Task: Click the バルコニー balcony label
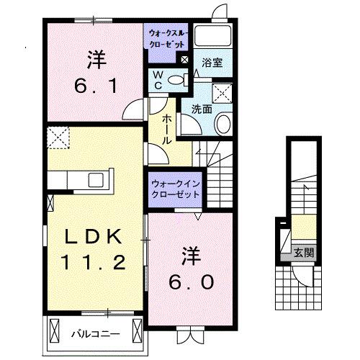pyautogui.click(x=90, y=333)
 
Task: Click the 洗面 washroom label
pyautogui.click(x=202, y=109)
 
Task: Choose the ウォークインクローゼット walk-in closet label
pyautogui.click(x=176, y=189)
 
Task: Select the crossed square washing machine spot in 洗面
pyautogui.click(x=222, y=92)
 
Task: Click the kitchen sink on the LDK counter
pyautogui.click(x=96, y=179)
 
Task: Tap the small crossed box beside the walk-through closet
pyautogui.click(x=185, y=60)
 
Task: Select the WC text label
pyautogui.click(x=156, y=81)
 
